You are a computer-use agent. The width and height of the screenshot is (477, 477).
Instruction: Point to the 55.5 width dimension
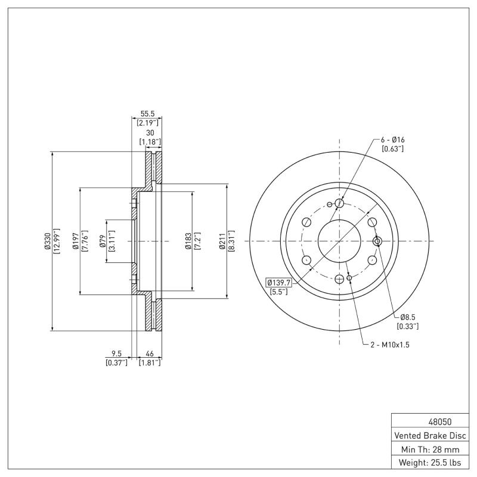(x=148, y=113)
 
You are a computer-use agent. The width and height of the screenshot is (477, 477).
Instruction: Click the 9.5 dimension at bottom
(x=117, y=353)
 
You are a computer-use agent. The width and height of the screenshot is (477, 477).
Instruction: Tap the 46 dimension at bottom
(x=150, y=353)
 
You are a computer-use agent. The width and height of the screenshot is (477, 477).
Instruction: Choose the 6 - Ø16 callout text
(x=393, y=140)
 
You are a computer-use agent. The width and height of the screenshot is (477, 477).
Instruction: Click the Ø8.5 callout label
(x=408, y=317)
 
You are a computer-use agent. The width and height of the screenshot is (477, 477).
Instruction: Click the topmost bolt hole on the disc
(x=339, y=204)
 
